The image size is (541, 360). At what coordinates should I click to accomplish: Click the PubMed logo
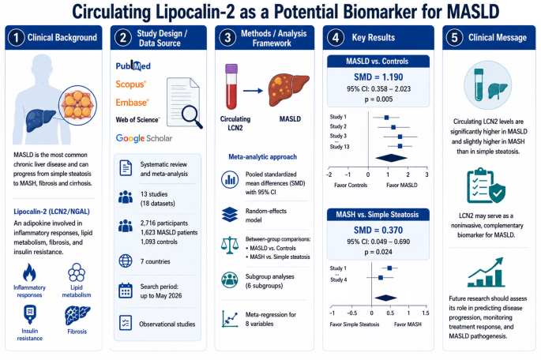[x=133, y=66]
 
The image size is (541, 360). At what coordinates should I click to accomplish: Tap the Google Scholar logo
[x=144, y=138]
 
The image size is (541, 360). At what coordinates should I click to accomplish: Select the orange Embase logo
[x=132, y=103]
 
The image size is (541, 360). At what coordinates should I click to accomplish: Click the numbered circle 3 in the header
[x=227, y=38]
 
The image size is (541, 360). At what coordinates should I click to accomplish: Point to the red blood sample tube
[x=231, y=87]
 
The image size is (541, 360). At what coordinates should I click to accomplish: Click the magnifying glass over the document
[x=192, y=117]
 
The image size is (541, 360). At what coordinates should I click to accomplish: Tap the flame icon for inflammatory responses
[x=29, y=272]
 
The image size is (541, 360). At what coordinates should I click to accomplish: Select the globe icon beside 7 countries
[x=126, y=261]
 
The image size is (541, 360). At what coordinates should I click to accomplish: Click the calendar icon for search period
[x=126, y=291]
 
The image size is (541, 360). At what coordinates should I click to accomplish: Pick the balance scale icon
[x=230, y=246]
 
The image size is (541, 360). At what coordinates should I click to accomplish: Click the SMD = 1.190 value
[x=378, y=77]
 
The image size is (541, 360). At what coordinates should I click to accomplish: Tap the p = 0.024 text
[x=378, y=252]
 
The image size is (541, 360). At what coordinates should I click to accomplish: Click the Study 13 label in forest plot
[x=340, y=147]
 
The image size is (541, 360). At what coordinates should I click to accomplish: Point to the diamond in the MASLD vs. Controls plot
[x=391, y=158]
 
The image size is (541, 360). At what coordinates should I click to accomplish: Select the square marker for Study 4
[x=381, y=278]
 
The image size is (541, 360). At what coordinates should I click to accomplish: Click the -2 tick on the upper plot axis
[x=329, y=174]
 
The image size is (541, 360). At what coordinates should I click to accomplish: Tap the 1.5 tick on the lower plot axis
[x=426, y=313]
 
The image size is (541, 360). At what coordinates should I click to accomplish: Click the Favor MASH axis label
[x=408, y=324]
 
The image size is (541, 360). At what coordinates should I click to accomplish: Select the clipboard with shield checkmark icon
[x=487, y=186]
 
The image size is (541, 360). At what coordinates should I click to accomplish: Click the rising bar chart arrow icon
[x=487, y=272]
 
